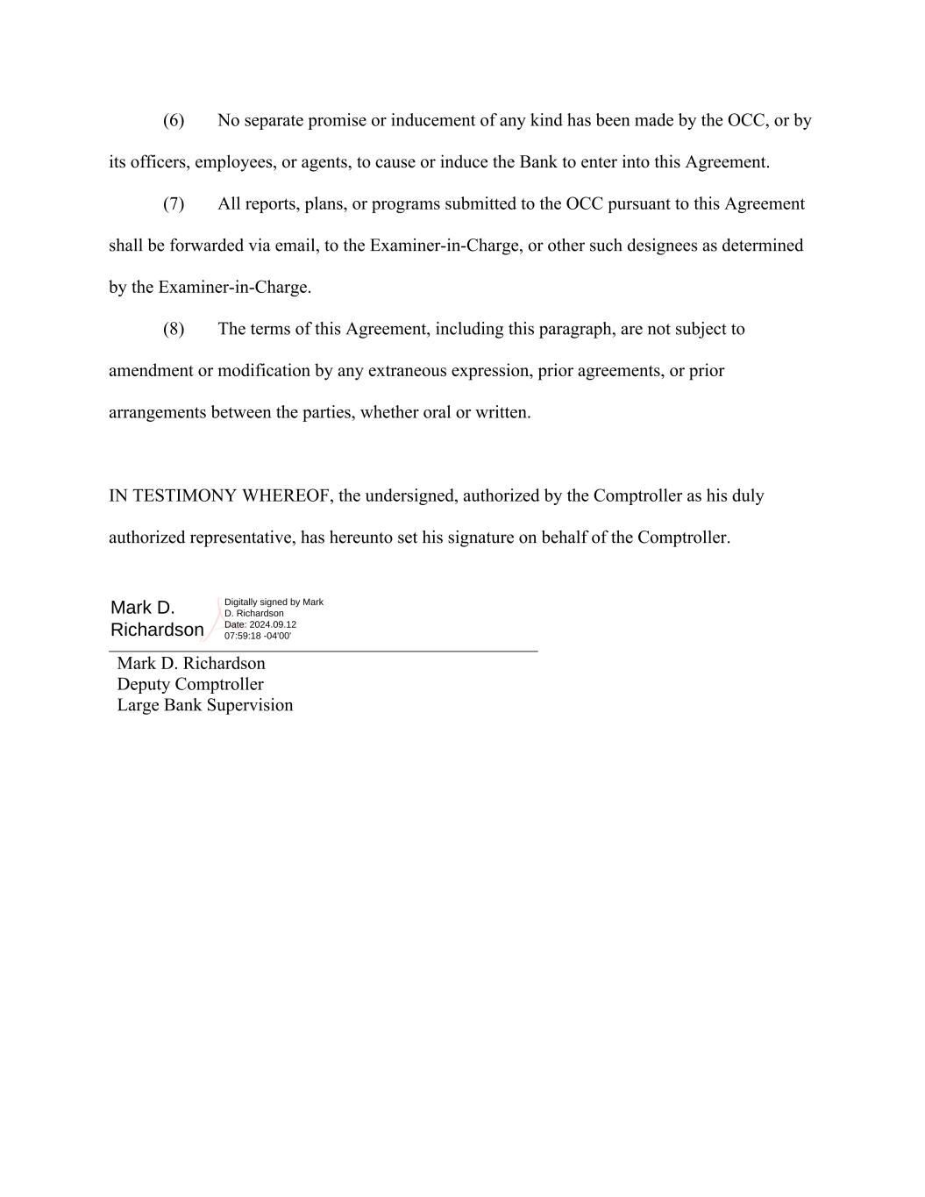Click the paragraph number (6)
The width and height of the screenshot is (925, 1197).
(x=174, y=121)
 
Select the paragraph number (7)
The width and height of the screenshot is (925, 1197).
(x=174, y=204)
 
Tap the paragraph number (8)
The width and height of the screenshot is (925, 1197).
(x=174, y=330)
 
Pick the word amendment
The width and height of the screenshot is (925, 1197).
(x=151, y=371)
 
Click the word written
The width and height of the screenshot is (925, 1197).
(x=502, y=413)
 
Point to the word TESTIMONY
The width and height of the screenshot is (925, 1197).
(x=185, y=496)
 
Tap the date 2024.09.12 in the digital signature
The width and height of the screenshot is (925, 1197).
(x=273, y=624)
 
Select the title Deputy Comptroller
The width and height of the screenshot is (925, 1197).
(x=190, y=685)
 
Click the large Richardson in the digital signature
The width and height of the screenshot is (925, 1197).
(x=157, y=630)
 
